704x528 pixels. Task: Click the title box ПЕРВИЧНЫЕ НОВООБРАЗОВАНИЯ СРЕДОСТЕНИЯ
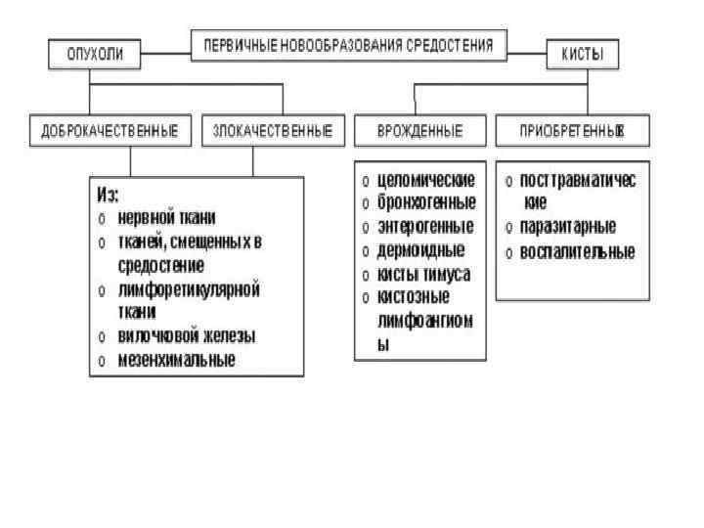(349, 44)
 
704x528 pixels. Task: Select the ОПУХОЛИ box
(95, 55)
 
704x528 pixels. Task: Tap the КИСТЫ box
(582, 55)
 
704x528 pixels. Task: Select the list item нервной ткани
(166, 217)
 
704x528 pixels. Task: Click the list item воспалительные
(577, 252)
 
